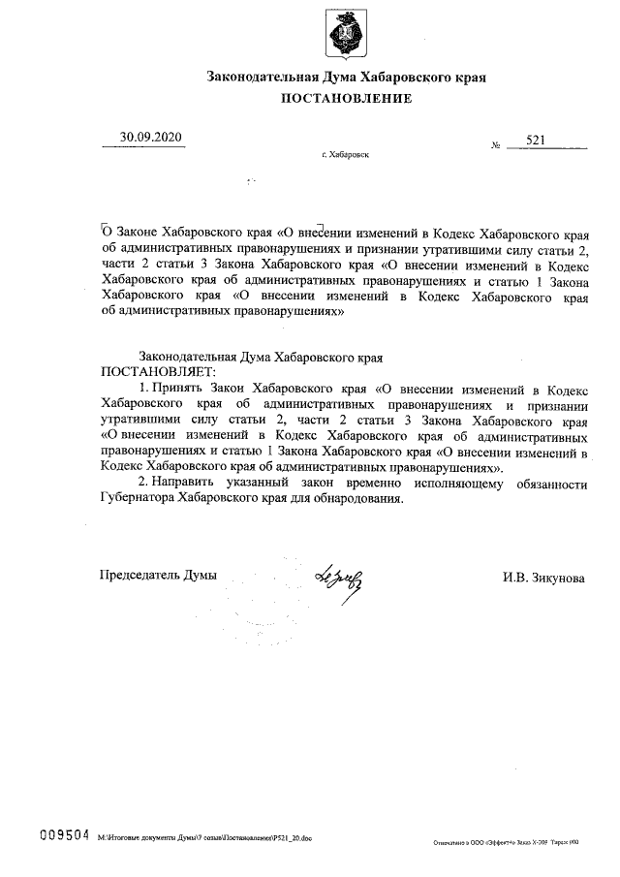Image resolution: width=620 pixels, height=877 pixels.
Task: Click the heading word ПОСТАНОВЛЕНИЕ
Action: (x=346, y=98)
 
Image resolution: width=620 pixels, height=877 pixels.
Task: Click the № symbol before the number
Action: (x=496, y=146)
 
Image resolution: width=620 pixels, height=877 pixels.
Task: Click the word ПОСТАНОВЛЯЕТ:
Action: (x=159, y=372)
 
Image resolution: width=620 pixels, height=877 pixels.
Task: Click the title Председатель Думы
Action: (x=158, y=575)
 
